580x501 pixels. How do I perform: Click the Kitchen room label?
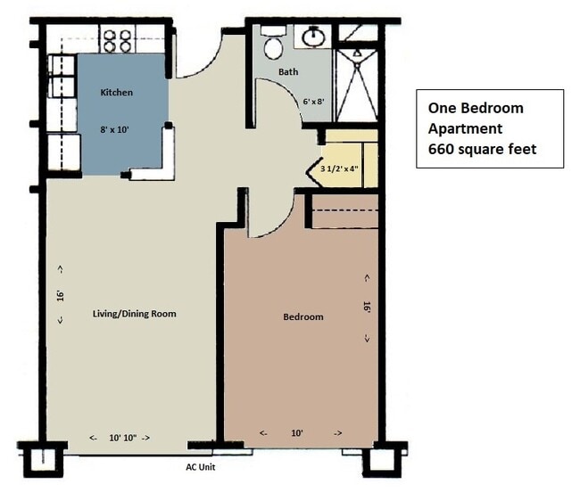[x=117, y=93]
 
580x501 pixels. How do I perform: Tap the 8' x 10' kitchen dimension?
[x=114, y=129]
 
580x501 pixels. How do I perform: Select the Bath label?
[x=288, y=71]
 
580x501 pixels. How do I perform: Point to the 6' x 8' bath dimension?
[x=314, y=102]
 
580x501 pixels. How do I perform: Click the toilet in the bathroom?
[x=273, y=43]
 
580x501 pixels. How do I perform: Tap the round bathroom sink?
[x=314, y=37]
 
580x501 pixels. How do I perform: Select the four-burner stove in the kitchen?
[x=118, y=40]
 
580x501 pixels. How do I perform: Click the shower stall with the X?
[x=357, y=86]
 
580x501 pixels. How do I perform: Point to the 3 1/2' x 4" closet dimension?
[x=340, y=168]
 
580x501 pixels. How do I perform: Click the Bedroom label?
[x=303, y=317]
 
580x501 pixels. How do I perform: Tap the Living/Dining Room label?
[x=134, y=314]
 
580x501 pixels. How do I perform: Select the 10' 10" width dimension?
[x=123, y=438]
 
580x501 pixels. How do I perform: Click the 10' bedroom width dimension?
[x=297, y=433]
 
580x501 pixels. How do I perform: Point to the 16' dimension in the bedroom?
[x=367, y=308]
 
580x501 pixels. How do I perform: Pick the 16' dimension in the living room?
[x=61, y=296]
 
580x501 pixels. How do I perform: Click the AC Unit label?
[x=201, y=467]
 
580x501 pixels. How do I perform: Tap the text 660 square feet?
[x=483, y=149]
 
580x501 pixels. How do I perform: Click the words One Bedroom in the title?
[x=476, y=108]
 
